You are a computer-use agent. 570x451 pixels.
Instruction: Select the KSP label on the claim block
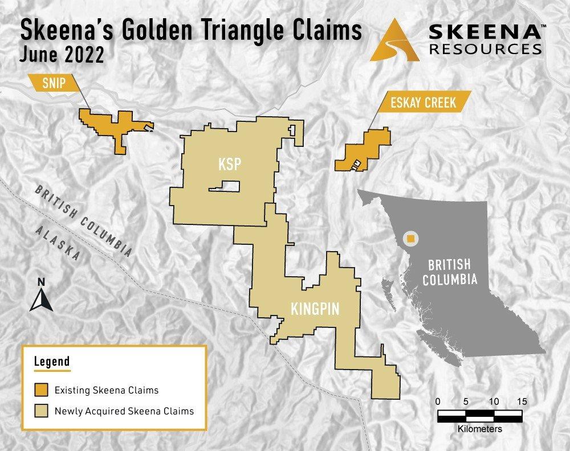[230, 164]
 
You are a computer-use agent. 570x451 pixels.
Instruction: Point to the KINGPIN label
[315, 309]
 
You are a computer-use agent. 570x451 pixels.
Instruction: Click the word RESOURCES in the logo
[484, 49]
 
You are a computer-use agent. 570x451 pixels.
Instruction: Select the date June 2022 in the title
[63, 56]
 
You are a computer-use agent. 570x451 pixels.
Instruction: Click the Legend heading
[52, 361]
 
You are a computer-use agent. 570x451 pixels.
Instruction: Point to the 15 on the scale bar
[521, 401]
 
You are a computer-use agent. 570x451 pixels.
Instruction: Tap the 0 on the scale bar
[438, 401]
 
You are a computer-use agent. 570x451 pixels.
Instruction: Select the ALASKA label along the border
[57, 242]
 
